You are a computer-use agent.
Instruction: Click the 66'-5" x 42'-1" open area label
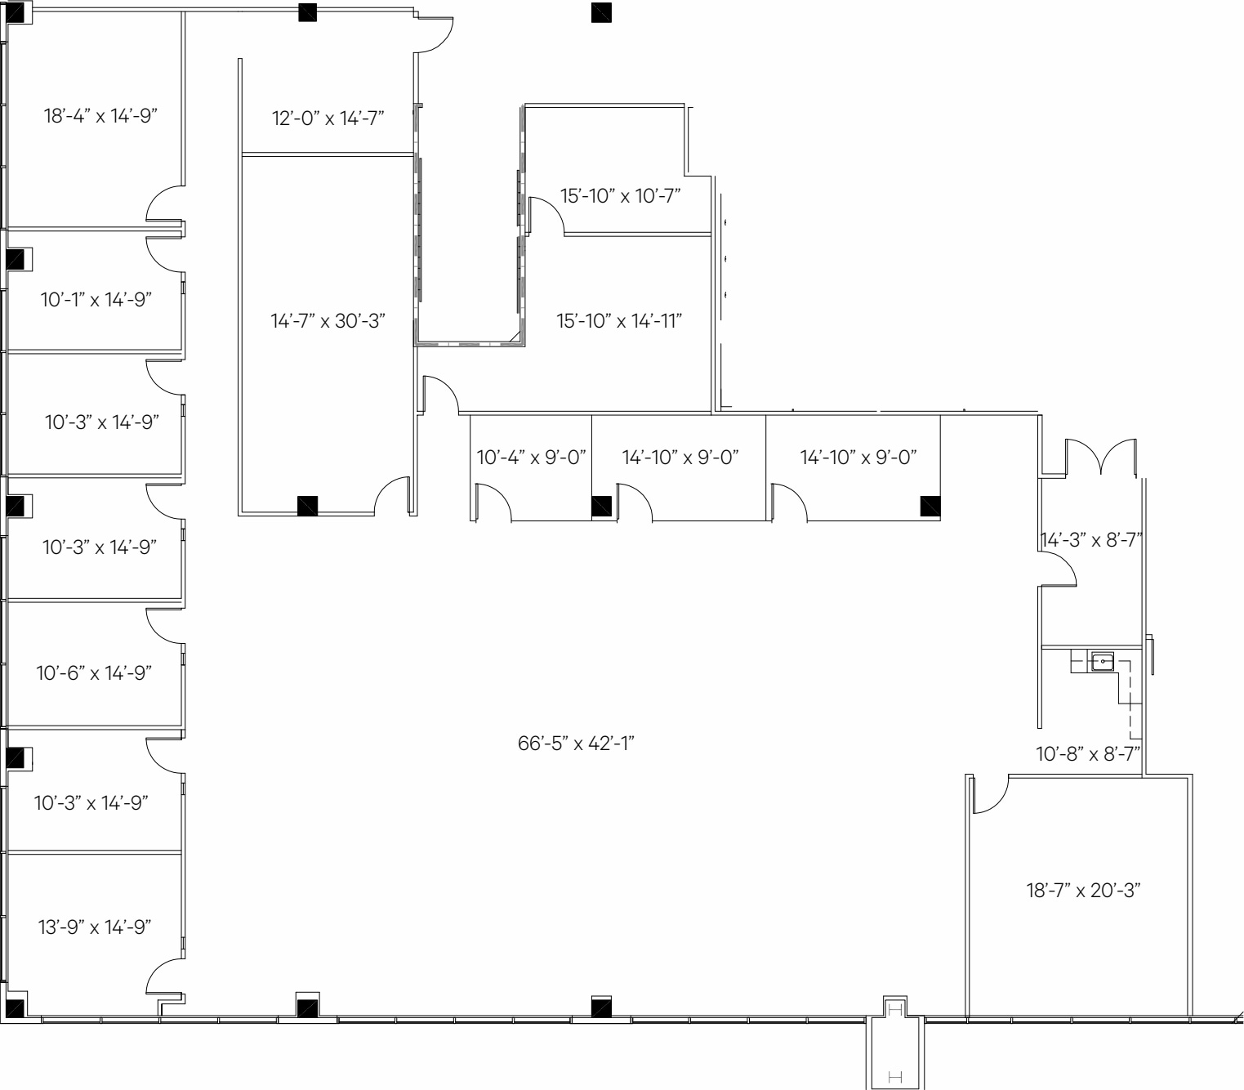pyautogui.click(x=576, y=744)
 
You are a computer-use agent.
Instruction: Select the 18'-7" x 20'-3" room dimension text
pyautogui.click(x=1083, y=890)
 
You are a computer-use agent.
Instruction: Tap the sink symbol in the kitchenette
pyautogui.click(x=1102, y=660)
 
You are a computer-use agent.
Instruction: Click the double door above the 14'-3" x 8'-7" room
pyautogui.click(x=1100, y=457)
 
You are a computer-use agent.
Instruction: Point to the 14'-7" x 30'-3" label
pyautogui.click(x=328, y=321)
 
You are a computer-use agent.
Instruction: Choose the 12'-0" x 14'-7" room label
pyautogui.click(x=328, y=118)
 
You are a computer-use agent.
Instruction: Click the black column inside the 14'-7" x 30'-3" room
pyautogui.click(x=307, y=506)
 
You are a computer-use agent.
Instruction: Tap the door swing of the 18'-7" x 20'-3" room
pyautogui.click(x=989, y=795)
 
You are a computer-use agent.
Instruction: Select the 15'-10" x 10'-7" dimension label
pyautogui.click(x=620, y=196)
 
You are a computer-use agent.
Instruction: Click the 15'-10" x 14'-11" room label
pyautogui.click(x=619, y=321)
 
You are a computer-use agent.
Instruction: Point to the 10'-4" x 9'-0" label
pyautogui.click(x=531, y=458)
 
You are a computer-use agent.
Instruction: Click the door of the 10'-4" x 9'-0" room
pyautogui.click(x=493, y=502)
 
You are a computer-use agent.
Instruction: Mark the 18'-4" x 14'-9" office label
pyautogui.click(x=100, y=116)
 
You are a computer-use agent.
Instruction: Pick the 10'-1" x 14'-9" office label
pyautogui.click(x=96, y=300)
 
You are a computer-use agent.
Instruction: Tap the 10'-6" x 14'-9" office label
pyautogui.click(x=94, y=673)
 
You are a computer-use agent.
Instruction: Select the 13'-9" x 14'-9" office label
pyautogui.click(x=94, y=927)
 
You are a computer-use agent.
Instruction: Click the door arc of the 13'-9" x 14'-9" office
pyautogui.click(x=164, y=977)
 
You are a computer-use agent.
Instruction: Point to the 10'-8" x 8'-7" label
pyautogui.click(x=1088, y=754)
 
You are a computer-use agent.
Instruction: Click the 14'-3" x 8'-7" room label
pyautogui.click(x=1090, y=540)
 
